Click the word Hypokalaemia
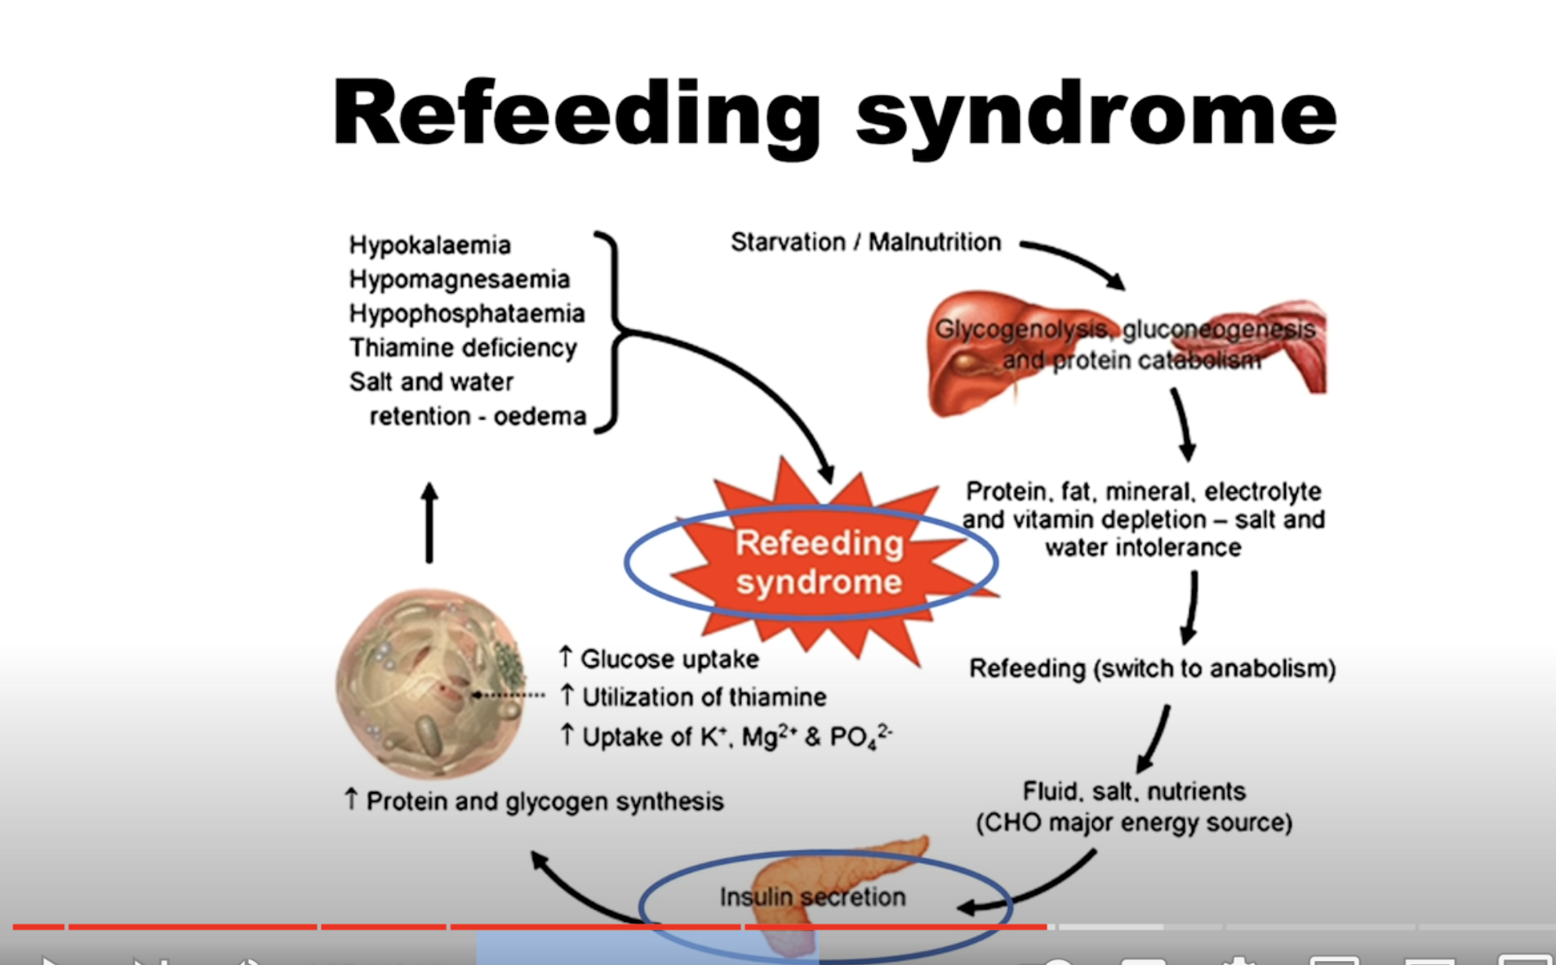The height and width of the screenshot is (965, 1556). click(429, 245)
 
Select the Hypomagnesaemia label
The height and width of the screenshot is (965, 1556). click(459, 279)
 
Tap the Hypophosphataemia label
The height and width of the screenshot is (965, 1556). click(466, 314)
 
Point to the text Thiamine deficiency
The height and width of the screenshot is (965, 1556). click(463, 348)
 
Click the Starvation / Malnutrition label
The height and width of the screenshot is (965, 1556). click(865, 242)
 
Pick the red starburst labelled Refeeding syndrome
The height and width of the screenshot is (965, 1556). click(819, 563)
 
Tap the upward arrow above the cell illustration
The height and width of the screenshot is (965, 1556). click(429, 523)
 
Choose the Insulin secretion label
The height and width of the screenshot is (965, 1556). click(812, 897)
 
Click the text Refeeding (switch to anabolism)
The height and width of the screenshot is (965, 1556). click(1152, 669)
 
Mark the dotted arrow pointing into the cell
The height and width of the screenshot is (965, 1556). click(508, 696)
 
